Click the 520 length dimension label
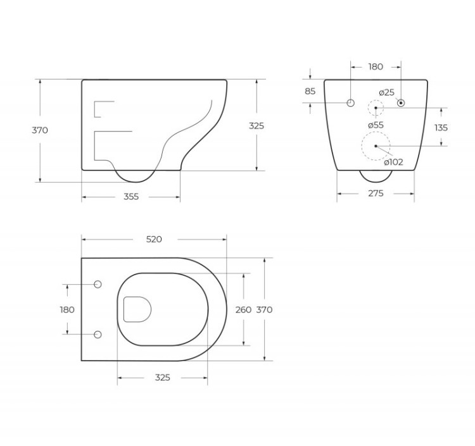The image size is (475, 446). click(154, 239)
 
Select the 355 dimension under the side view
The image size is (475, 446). click(130, 197)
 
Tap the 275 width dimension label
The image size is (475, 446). click(376, 194)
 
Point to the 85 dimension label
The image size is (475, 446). click(310, 91)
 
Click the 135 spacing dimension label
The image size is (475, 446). click(441, 127)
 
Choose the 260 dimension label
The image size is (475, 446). click(243, 310)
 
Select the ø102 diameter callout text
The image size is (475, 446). click(394, 162)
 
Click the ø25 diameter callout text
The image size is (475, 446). click(386, 92)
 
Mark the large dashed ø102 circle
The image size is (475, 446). click(376, 146)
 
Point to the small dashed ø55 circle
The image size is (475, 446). click(376, 109)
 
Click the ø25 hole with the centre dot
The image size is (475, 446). click(401, 102)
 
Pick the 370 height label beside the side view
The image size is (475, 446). click(40, 130)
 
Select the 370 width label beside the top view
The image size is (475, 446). click(264, 310)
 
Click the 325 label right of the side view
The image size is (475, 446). click(256, 126)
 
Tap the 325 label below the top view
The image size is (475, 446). click(162, 378)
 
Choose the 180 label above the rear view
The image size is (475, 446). click(376, 66)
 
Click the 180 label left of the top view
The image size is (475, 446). click(66, 309)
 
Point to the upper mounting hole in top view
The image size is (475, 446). click(97, 285)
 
